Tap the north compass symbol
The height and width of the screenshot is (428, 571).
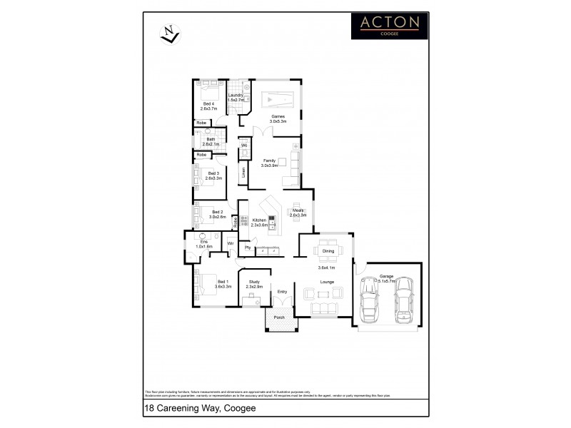[x=170, y=34]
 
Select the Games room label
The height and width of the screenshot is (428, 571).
[x=278, y=118]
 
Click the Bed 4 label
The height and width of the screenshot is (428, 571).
[x=208, y=106]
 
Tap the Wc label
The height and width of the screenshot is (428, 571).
[x=243, y=146]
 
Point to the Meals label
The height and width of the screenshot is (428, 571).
[x=298, y=212]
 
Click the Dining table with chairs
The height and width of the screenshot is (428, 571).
[x=328, y=251]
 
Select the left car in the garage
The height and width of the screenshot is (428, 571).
[x=371, y=299]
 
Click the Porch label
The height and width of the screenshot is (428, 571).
[x=279, y=317]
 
